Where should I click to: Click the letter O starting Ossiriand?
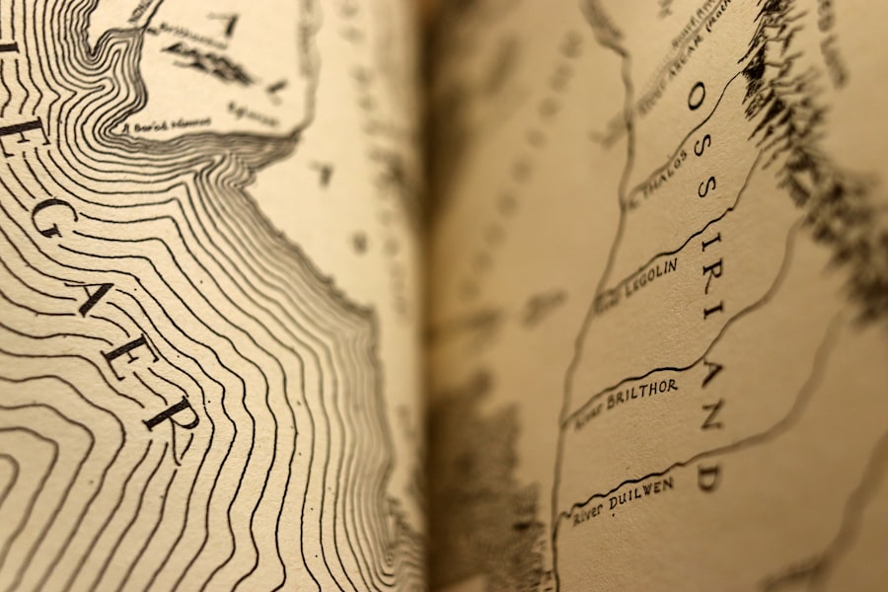click(696, 95)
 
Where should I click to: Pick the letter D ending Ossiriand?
click(706, 477)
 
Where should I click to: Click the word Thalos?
click(667, 181)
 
